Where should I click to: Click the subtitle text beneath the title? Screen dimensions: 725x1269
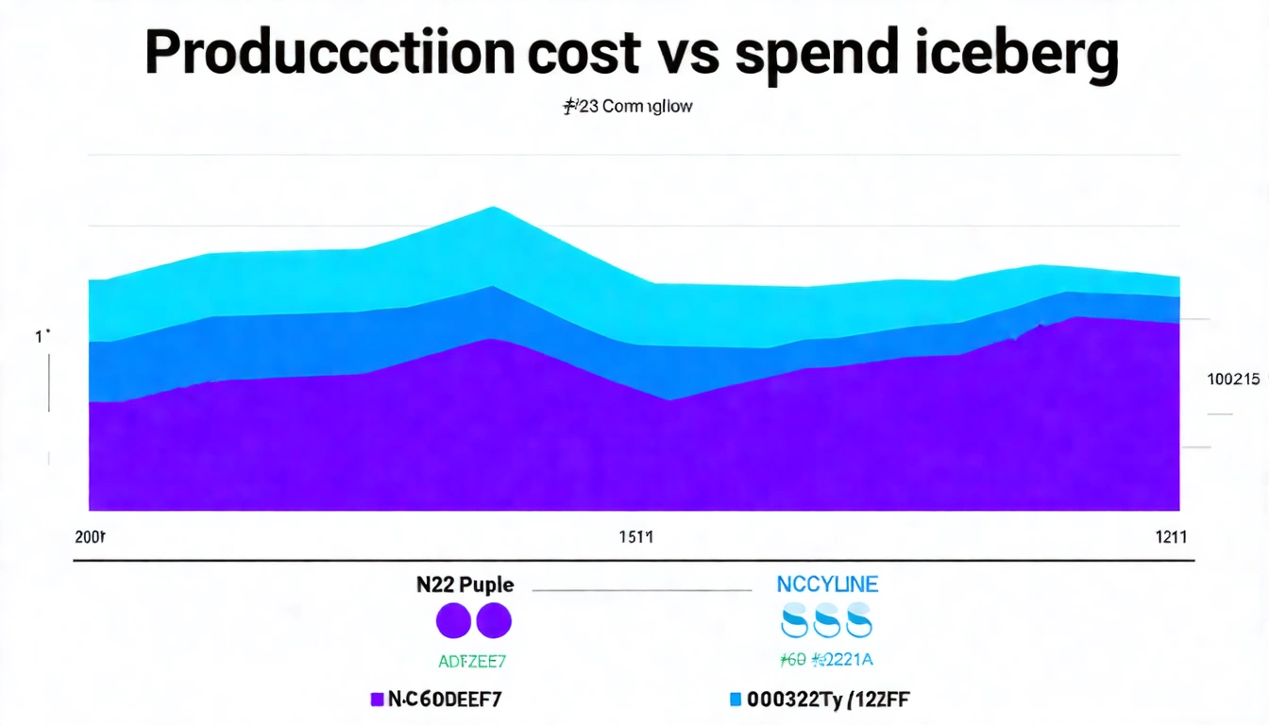tap(628, 107)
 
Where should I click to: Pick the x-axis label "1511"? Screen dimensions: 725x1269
tap(635, 537)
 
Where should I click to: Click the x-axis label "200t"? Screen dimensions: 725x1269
tap(91, 537)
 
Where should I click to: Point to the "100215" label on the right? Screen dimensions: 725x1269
tap(1233, 379)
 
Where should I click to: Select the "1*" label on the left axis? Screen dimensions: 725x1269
tap(42, 335)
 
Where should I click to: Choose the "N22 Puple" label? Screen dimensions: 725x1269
tap(465, 584)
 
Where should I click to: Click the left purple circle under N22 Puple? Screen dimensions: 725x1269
tap(453, 622)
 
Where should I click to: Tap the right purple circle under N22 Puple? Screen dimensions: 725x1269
tap(494, 622)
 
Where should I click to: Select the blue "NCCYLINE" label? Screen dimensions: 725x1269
tap(827, 584)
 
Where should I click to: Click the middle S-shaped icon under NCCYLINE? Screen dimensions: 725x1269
tap(827, 622)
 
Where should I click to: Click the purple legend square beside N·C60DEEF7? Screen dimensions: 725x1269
tap(378, 700)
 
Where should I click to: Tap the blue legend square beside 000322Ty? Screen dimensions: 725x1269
tap(736, 700)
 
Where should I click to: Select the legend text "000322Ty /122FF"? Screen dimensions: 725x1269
tap(828, 700)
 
